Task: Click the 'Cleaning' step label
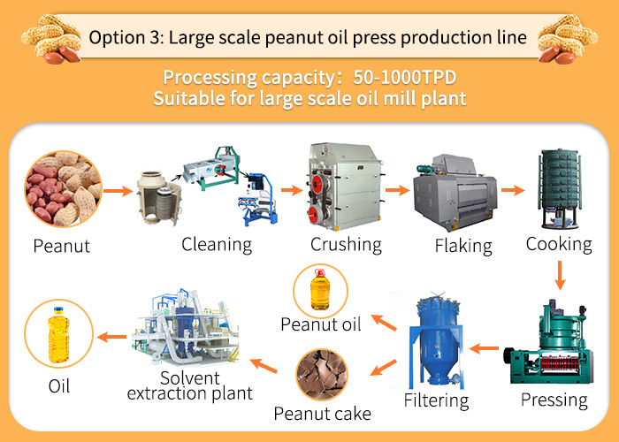click(217, 244)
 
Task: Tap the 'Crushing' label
click(346, 244)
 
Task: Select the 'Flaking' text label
click(463, 245)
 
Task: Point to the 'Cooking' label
click(559, 243)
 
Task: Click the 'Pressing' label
click(554, 400)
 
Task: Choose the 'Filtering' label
click(436, 400)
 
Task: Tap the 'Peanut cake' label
click(321, 413)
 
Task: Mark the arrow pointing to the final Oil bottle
click(109, 337)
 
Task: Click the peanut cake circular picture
click(322, 373)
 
